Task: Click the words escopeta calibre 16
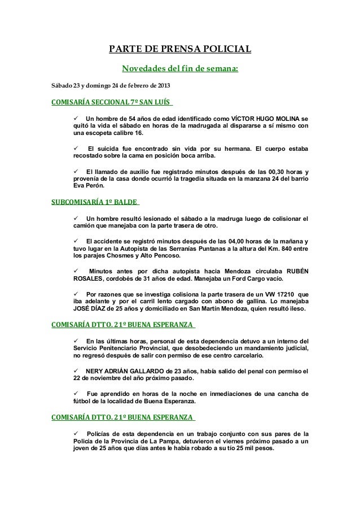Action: (109, 136)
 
